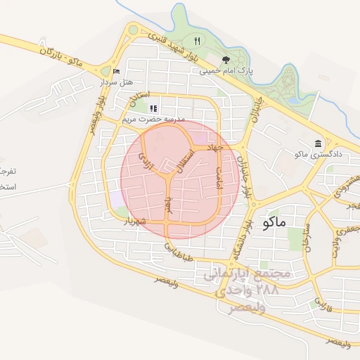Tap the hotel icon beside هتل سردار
coord(116,71)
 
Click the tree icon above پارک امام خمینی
coord(226,60)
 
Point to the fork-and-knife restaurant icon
coord(198,41)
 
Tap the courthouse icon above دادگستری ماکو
coord(319,142)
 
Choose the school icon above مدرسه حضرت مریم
coord(153,108)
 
